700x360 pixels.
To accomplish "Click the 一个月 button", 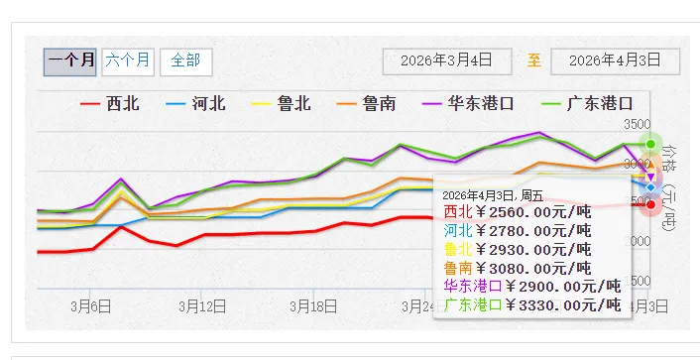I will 70,60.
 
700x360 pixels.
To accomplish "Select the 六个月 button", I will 128,60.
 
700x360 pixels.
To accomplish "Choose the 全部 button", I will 185,60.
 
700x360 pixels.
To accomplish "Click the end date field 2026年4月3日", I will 615,60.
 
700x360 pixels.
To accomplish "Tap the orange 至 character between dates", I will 534,60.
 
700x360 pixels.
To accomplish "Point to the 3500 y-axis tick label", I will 638,124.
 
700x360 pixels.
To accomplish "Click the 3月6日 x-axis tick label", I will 90,306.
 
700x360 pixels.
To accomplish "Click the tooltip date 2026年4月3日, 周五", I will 493,195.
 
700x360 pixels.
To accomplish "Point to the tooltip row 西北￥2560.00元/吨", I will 517,211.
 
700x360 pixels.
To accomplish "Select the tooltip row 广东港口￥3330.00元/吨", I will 531,304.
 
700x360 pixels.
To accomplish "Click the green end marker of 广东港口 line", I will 650,144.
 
